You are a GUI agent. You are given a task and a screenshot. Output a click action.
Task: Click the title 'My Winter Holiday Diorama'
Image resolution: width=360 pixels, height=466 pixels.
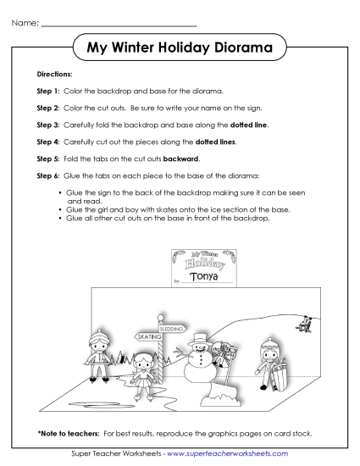(180, 48)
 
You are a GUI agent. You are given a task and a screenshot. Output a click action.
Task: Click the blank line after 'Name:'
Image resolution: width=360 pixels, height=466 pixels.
(119, 24)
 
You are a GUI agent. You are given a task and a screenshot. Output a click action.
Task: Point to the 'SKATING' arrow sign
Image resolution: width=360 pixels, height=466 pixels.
(150, 336)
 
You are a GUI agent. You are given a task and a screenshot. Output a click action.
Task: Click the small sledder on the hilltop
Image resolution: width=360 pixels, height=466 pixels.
(303, 322)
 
